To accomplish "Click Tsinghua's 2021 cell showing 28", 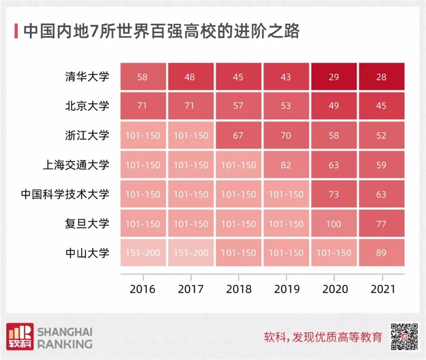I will (382, 77).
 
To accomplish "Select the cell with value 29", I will (334, 77).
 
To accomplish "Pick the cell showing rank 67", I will (238, 136).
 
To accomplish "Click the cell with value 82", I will (286, 165).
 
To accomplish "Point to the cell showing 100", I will (334, 224).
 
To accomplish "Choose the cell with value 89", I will (382, 253).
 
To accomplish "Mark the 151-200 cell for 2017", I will (190, 253).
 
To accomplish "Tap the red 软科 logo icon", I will (18, 336).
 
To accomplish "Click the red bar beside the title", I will (15, 31).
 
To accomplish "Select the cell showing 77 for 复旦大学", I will (382, 224).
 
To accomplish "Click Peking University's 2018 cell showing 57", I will (238, 106).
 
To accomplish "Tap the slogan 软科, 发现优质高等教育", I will (323, 338).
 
